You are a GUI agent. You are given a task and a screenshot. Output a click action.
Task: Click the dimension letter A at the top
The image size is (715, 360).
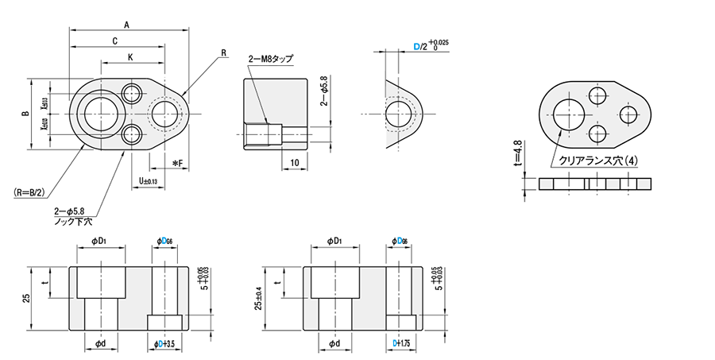(x=126, y=24)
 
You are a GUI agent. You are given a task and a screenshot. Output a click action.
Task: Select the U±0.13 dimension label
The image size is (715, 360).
(x=148, y=181)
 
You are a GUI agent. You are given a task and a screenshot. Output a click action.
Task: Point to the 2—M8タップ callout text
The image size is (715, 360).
(x=271, y=59)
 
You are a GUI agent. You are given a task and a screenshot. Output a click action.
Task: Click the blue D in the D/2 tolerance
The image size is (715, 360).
(x=416, y=48)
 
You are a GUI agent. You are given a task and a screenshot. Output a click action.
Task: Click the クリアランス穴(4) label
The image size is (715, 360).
(x=597, y=160)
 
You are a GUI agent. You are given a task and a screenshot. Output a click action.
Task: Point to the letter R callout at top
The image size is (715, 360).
(x=224, y=53)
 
